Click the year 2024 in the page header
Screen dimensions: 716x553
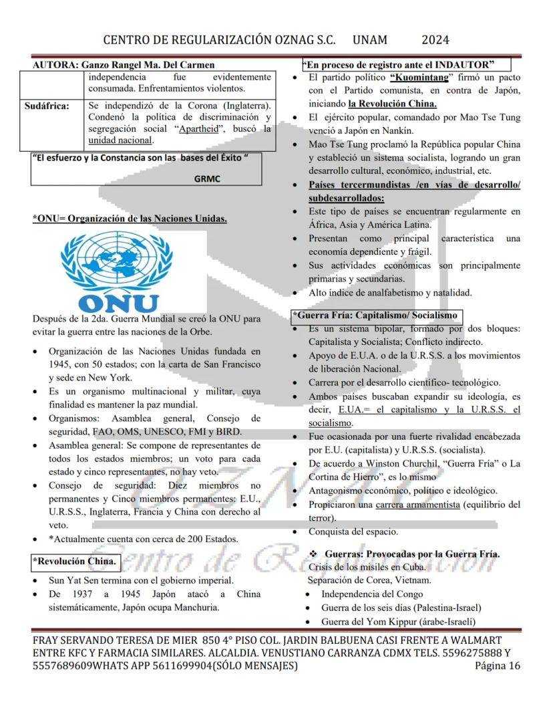(435, 39)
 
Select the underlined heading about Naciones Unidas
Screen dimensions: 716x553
(130, 218)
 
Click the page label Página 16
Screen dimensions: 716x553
(497, 666)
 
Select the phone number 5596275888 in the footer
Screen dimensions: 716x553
(466, 652)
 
